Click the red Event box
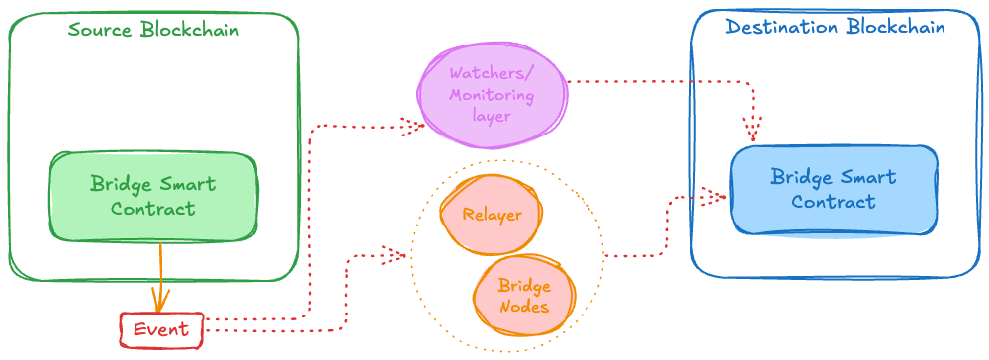[x=161, y=330]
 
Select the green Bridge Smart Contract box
[x=153, y=197]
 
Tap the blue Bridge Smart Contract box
[x=834, y=190]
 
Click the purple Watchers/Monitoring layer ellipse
[x=492, y=95]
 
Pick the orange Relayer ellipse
[x=492, y=214]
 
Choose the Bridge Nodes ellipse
[x=523, y=294]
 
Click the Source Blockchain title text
[x=153, y=29]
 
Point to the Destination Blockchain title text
[x=835, y=27]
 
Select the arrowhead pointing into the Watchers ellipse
[x=410, y=126]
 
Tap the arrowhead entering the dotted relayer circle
[x=394, y=256]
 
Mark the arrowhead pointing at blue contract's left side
[x=714, y=197]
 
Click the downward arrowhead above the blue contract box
[x=753, y=130]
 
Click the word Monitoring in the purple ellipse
[x=492, y=96]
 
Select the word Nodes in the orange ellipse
[x=523, y=306]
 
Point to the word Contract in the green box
[x=152, y=209]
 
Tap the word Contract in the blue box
[x=834, y=202]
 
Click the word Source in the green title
[x=102, y=29]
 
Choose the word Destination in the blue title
[x=781, y=27]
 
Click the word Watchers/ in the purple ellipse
[x=492, y=75]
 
